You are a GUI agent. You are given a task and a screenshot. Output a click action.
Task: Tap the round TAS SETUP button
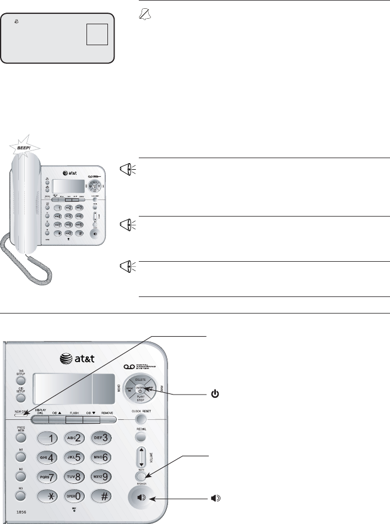pyautogui.click(x=21, y=380)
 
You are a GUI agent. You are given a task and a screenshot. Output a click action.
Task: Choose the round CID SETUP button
pyautogui.click(x=21, y=397)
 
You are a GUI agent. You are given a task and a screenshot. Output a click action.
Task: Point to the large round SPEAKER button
pyautogui.click(x=142, y=498)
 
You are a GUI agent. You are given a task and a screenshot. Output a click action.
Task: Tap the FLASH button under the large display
pyautogui.click(x=74, y=419)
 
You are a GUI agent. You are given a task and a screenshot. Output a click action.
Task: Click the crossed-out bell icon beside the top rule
pyautogui.click(x=145, y=18)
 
